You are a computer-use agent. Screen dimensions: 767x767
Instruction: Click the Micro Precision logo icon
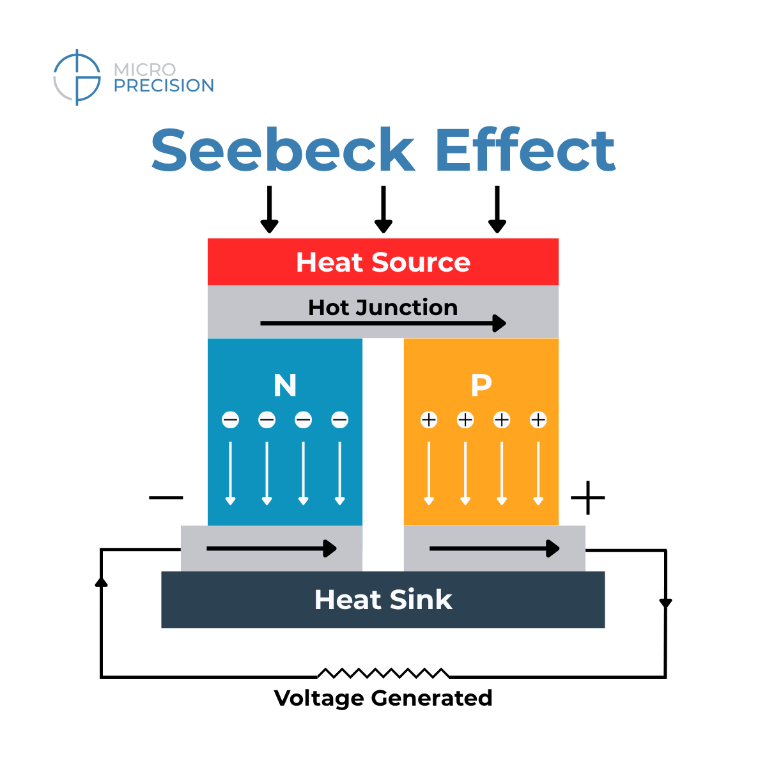[77, 77]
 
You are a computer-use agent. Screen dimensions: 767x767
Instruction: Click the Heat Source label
[383, 262]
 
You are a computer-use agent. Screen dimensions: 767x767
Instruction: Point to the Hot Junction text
[383, 307]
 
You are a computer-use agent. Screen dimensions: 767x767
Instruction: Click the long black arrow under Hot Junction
[383, 323]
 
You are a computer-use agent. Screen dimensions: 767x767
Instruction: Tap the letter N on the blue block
[285, 385]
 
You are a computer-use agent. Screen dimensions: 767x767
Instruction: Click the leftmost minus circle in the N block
[230, 420]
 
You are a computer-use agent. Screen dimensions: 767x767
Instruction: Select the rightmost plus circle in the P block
[538, 420]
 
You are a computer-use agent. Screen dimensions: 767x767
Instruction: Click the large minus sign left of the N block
[166, 497]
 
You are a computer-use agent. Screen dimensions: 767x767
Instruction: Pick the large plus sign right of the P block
[587, 498]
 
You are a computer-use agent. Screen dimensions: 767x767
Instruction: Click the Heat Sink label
[383, 600]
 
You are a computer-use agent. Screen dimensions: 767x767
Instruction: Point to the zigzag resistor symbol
[383, 673]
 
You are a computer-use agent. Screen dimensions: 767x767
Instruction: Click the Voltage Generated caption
[383, 697]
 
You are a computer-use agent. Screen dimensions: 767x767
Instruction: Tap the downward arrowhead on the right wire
[665, 603]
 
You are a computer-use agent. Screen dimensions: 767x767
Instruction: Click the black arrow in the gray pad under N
[272, 548]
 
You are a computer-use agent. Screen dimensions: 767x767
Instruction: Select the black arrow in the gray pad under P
[495, 548]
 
